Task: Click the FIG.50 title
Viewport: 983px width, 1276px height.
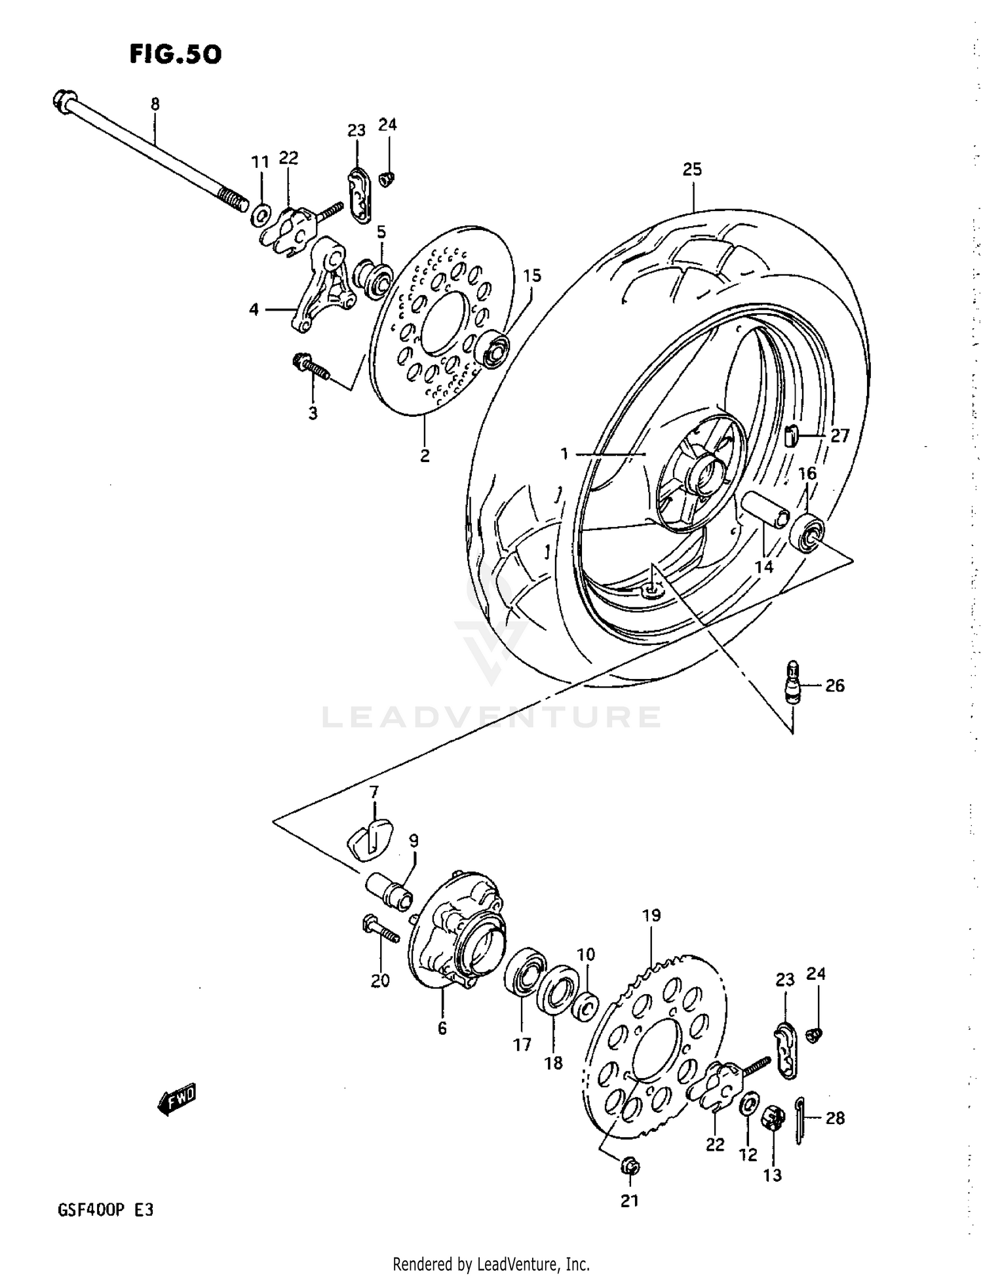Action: pyautogui.click(x=175, y=54)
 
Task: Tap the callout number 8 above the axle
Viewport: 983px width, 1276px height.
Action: pyautogui.click(x=155, y=104)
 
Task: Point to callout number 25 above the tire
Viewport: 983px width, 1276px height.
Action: pyautogui.click(x=691, y=169)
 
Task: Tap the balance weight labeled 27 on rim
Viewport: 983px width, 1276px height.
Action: pyautogui.click(x=791, y=434)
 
